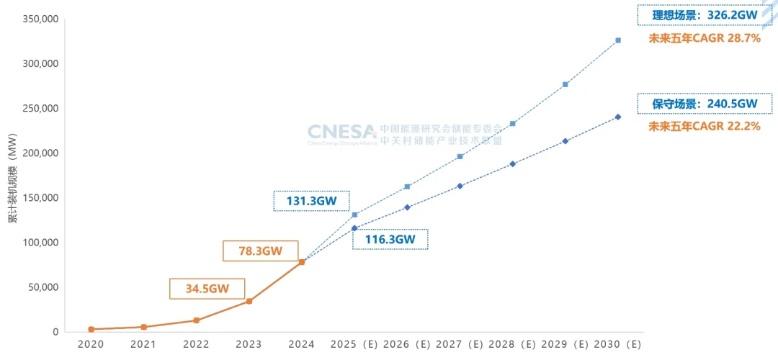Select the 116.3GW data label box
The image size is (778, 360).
point(390,239)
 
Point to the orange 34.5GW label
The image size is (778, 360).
point(207,289)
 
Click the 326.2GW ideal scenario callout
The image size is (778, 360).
point(699,14)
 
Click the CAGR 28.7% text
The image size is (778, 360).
point(705,38)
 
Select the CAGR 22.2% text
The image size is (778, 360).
point(705,126)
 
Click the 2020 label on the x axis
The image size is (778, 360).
point(91,345)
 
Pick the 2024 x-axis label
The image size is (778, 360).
point(301,345)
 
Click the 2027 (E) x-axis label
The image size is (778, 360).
point(460,345)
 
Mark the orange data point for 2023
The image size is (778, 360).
point(249,301)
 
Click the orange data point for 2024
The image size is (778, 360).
point(302,262)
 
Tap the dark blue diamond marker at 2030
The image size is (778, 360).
point(618,117)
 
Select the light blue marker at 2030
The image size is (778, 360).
point(618,40)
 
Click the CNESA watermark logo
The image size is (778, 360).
point(341,132)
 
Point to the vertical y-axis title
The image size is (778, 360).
point(12,177)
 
